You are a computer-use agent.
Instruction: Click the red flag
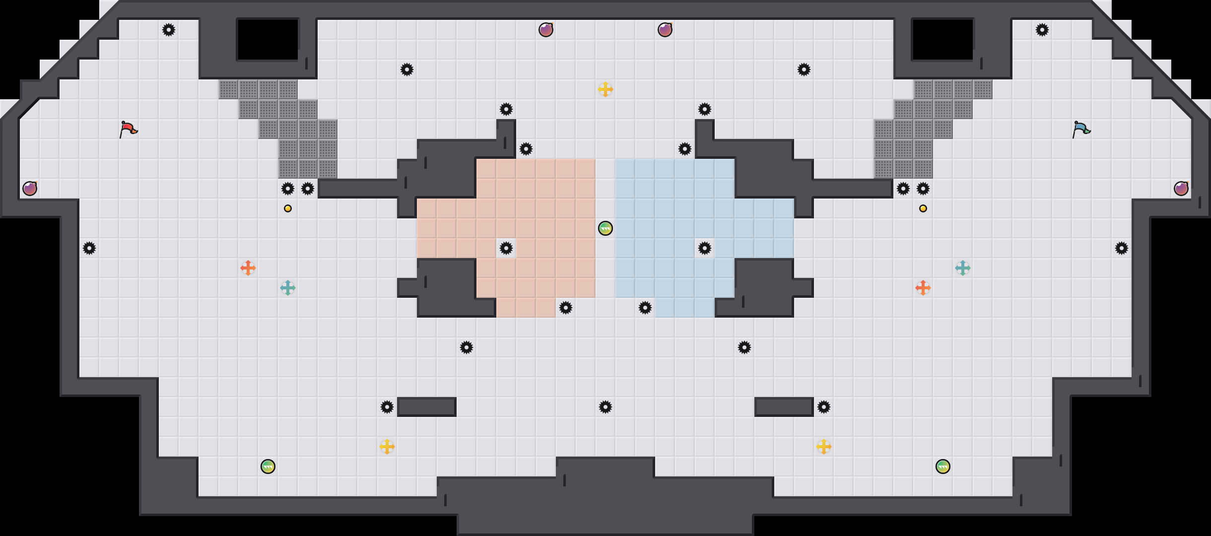click(128, 130)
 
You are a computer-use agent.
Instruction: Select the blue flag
click(1081, 130)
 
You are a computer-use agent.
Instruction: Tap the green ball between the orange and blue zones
click(605, 228)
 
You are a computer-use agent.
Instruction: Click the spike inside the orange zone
click(506, 248)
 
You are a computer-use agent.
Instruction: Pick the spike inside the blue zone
click(705, 248)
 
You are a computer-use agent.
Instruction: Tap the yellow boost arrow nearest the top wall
click(605, 89)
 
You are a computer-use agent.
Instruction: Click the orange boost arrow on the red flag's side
click(248, 268)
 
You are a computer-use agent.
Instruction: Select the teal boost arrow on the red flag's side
click(288, 288)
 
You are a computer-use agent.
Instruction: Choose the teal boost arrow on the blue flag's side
click(963, 268)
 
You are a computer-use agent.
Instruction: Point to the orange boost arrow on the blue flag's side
click(923, 288)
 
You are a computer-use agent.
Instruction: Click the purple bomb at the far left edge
click(30, 189)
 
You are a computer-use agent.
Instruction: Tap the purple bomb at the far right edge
click(1181, 189)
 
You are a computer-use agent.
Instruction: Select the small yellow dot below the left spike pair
click(288, 208)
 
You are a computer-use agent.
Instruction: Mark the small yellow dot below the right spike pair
click(923, 208)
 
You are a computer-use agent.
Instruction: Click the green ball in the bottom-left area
click(268, 467)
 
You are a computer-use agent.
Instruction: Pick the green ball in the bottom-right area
click(943, 467)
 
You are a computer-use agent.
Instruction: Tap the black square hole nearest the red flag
click(268, 40)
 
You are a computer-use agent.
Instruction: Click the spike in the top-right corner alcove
click(1042, 30)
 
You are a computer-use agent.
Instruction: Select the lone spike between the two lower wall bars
click(605, 407)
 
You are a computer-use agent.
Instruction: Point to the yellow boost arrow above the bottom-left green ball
click(387, 447)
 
